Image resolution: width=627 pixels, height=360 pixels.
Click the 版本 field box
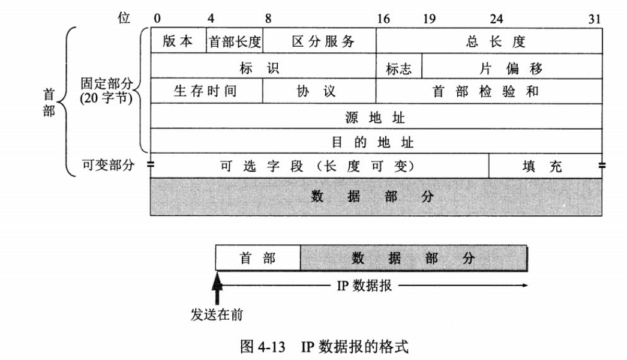[x=178, y=41]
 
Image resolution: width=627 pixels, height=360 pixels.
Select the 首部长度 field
[x=235, y=41]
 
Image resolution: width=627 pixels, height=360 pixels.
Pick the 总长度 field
[x=489, y=41]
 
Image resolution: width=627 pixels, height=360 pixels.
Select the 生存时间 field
[x=206, y=91]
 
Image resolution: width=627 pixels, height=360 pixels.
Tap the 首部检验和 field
[x=489, y=91]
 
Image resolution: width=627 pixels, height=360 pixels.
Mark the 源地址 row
[x=376, y=116]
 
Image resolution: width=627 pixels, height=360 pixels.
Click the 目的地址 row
[x=376, y=142]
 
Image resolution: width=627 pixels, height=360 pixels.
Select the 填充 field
[x=545, y=166]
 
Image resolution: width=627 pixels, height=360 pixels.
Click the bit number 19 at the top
[x=429, y=19]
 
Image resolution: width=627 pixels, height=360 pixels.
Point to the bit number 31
[x=594, y=19]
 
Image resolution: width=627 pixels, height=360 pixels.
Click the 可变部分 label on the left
[x=108, y=164]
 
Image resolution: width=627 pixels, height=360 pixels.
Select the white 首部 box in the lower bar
[x=257, y=259]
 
